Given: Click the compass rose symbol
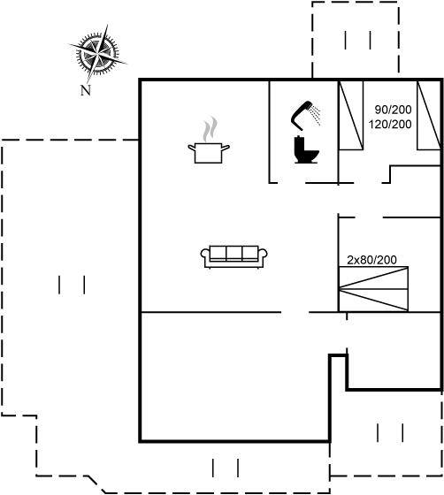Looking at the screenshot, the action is coord(98,54).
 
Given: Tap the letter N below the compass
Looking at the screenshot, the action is coord(86,90).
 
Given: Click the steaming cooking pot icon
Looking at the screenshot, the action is coord(209,141).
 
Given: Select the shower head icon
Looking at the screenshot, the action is coord(305,116).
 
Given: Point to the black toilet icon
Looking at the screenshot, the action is coord(306,150).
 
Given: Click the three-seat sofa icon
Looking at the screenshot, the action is coord(234,256).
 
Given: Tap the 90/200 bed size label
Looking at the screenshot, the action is coord(394,110).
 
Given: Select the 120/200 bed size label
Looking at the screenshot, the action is coord(390,124).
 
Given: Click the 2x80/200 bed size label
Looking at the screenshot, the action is coord(371,260).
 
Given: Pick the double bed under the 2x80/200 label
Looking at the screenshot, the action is coord(373,289).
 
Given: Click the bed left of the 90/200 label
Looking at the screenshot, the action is coord(351,115).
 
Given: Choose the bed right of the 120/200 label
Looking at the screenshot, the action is coord(429,115).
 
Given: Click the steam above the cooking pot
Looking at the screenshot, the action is coord(210,129).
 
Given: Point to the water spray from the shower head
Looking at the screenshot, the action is coord(315,116).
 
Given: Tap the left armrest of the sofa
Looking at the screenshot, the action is coord(205,256).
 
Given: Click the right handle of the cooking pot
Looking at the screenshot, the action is coord(226,147).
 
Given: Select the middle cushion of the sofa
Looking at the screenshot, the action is coord(234,253).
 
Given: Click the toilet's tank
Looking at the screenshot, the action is coord(299,145).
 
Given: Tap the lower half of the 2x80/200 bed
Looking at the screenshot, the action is coord(373,301).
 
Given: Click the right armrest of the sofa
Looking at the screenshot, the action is coord(263,256).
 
